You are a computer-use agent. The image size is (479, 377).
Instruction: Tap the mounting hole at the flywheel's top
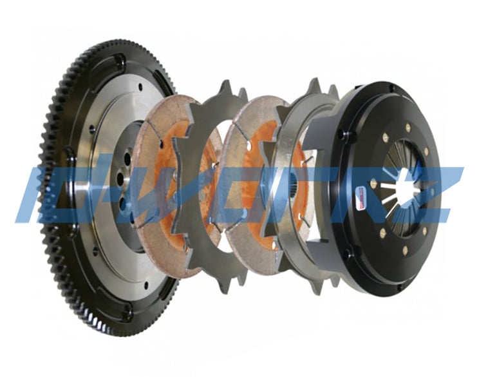coord(120,59)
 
